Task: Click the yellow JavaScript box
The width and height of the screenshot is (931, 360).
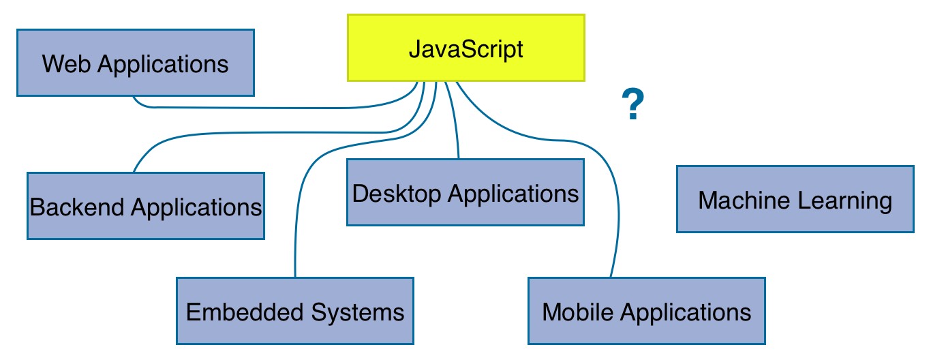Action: (466, 48)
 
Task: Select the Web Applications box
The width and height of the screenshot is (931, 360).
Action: (135, 63)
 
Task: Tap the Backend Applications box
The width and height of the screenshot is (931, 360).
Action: (145, 206)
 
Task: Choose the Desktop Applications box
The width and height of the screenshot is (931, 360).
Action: (465, 192)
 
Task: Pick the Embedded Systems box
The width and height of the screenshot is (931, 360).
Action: (294, 311)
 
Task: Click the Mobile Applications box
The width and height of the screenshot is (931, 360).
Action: (646, 311)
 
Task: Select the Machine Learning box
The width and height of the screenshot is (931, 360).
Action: (795, 199)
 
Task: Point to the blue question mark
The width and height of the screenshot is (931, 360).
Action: (633, 106)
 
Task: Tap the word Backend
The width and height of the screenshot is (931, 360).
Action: (77, 206)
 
